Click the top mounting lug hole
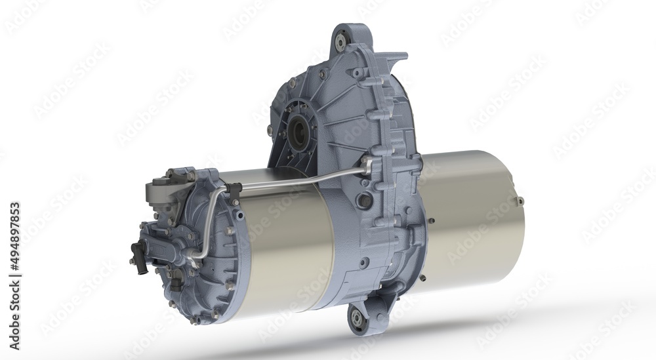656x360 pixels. (x=341, y=39)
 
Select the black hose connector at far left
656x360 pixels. (x=138, y=250)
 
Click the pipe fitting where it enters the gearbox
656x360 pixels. (x=365, y=162)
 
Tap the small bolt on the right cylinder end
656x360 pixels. (x=521, y=201)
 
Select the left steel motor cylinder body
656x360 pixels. (x=289, y=249)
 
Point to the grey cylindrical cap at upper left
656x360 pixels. (x=157, y=191)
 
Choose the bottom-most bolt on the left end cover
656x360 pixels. (x=195, y=321)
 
